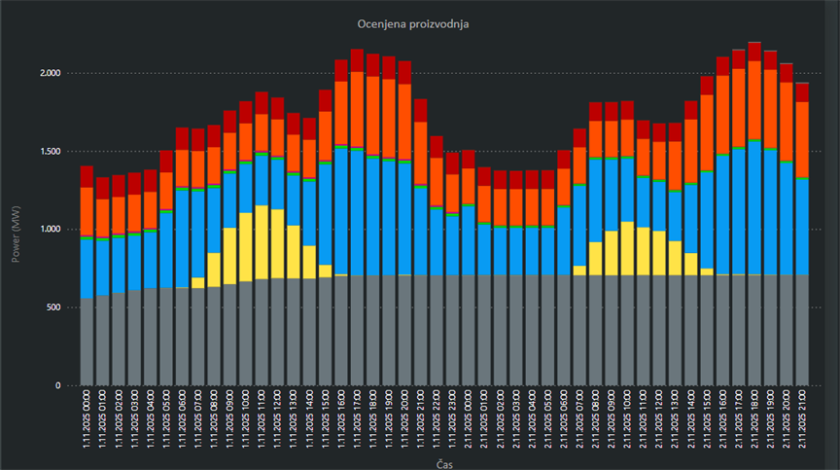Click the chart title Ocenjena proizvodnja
(419, 22)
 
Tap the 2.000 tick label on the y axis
(49, 73)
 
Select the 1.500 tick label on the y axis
(49, 152)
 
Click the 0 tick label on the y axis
(58, 385)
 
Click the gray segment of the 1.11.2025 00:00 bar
(87, 342)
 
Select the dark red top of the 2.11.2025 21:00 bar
(802, 91)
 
